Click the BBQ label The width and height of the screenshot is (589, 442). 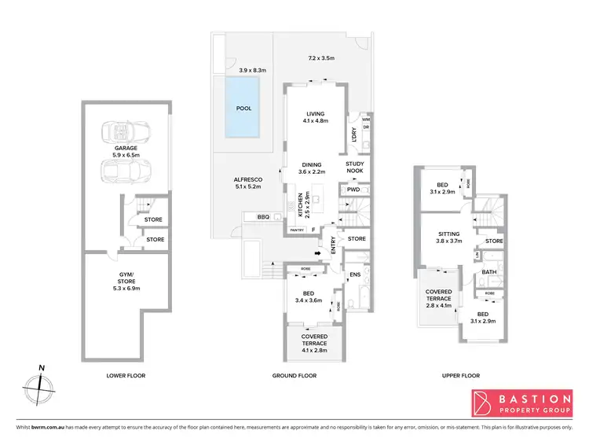point(264,216)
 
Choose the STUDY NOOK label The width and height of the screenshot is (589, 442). point(355,167)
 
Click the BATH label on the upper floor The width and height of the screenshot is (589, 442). point(489,273)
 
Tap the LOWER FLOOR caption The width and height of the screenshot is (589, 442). point(126,376)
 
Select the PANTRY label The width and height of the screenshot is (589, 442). point(297,230)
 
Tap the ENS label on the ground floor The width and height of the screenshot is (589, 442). point(354,274)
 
